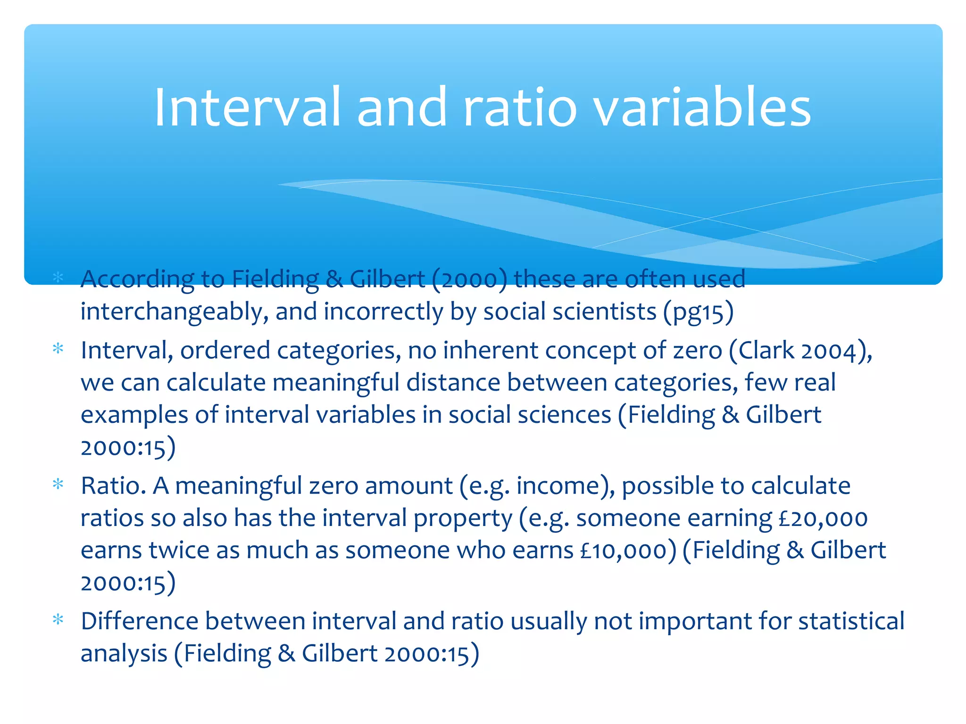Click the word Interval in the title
tap(247, 107)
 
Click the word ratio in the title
tap(520, 107)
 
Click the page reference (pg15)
tap(698, 312)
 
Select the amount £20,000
tap(823, 518)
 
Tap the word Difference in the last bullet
tap(140, 621)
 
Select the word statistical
tap(851, 621)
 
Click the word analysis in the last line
tap(124, 654)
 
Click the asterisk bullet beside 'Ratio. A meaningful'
tap(58, 484)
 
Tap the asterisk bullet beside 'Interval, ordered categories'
tap(58, 349)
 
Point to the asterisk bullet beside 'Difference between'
tap(58, 619)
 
